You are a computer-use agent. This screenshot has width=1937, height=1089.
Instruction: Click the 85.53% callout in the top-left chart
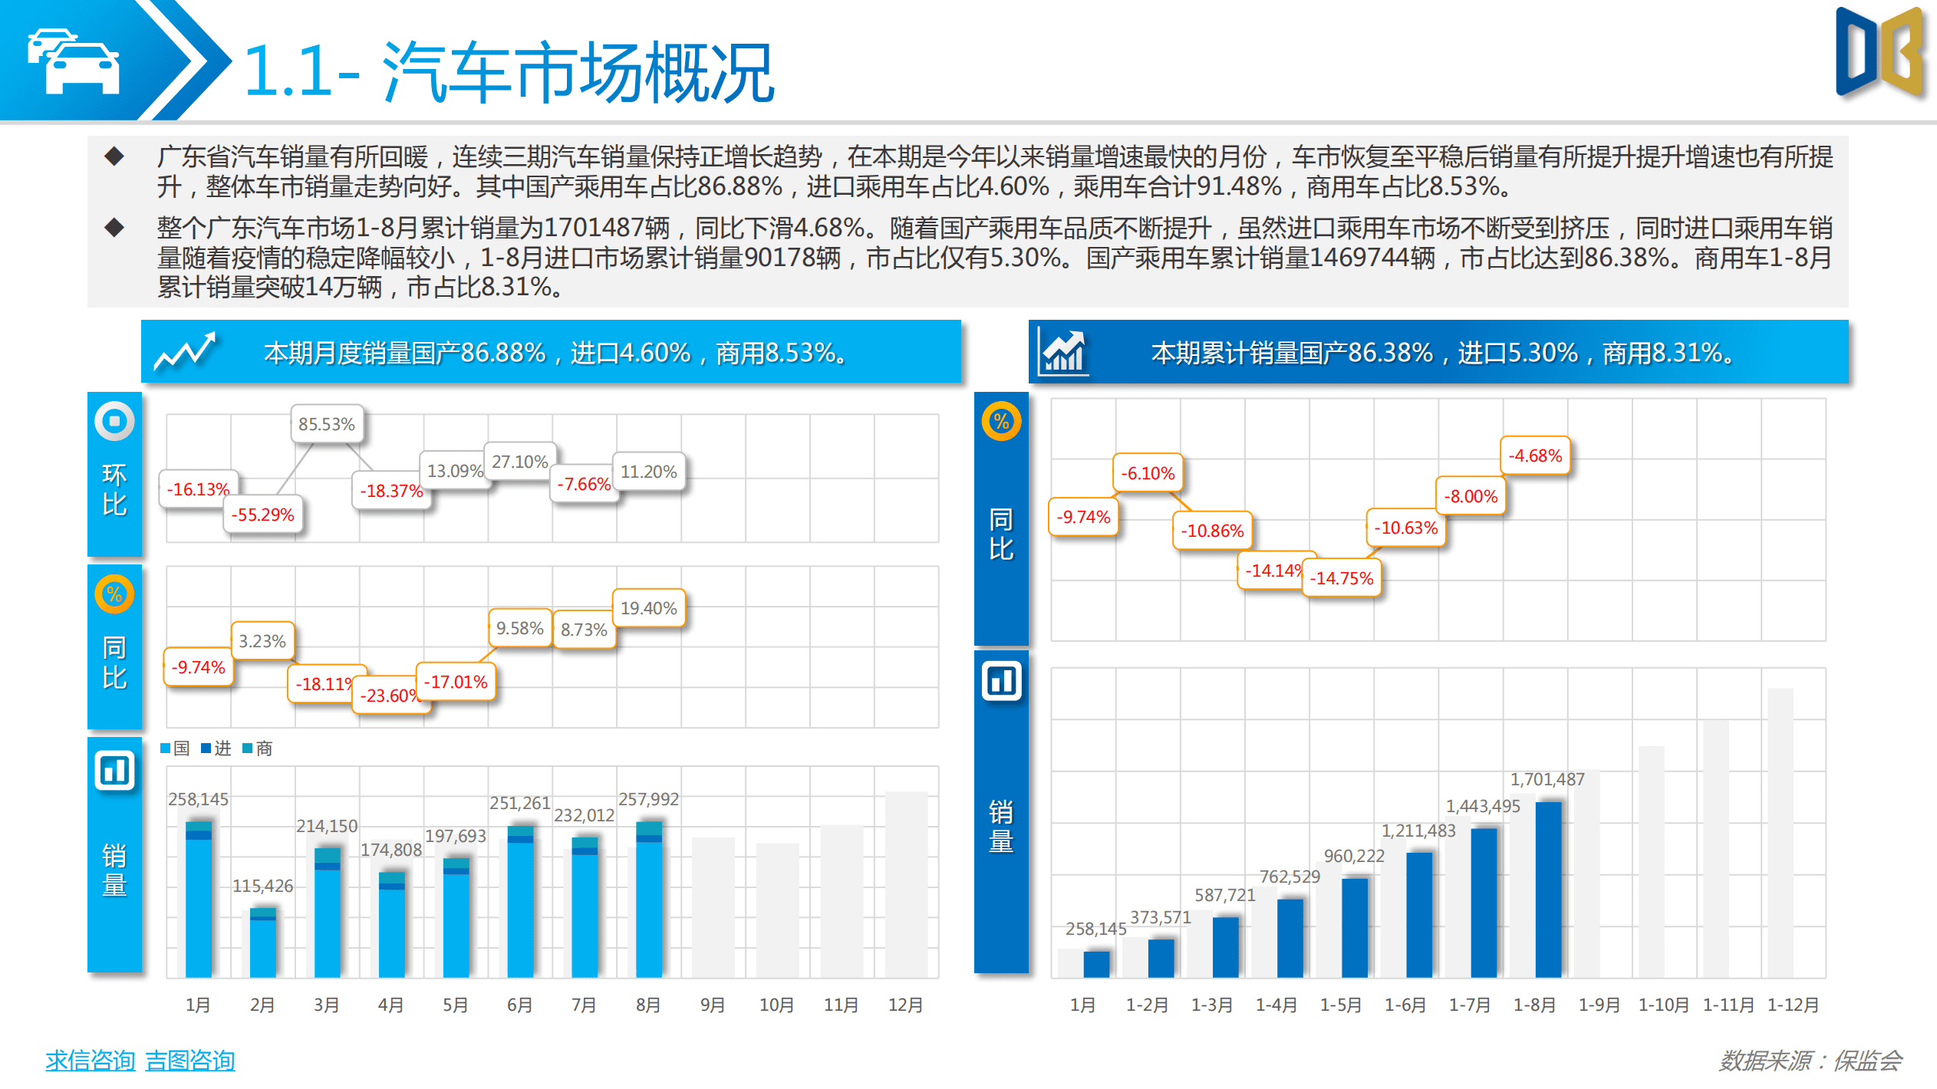(326, 424)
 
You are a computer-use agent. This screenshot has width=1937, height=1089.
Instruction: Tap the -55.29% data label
(262, 515)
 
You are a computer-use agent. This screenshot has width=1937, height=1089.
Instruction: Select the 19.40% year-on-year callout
(648, 608)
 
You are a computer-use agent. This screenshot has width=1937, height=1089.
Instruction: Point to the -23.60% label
(390, 696)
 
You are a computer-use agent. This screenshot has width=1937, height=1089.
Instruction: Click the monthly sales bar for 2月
(262, 943)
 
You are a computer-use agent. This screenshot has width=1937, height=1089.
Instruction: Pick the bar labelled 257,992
(649, 897)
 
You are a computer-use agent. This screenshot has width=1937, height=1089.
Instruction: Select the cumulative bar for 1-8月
(1548, 890)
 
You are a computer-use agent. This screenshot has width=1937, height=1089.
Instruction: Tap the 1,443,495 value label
(1482, 806)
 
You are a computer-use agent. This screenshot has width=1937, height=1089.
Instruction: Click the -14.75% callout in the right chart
(1341, 578)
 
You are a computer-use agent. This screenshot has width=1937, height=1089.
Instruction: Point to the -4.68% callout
(1535, 456)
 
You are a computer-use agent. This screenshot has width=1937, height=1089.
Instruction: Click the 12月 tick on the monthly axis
(905, 1005)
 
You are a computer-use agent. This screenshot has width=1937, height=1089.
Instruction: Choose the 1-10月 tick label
(1663, 1005)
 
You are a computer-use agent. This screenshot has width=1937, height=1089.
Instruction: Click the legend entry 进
(216, 748)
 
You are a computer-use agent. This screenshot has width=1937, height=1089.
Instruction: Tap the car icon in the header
(74, 61)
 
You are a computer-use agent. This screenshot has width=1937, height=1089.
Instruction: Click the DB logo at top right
(1881, 54)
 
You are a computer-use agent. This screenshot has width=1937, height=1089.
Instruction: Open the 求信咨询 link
(90, 1061)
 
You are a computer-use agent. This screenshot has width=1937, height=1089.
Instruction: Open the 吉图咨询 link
(189, 1061)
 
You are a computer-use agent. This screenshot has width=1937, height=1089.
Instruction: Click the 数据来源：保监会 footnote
(1810, 1061)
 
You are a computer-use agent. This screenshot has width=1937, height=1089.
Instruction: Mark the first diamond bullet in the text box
(114, 156)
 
